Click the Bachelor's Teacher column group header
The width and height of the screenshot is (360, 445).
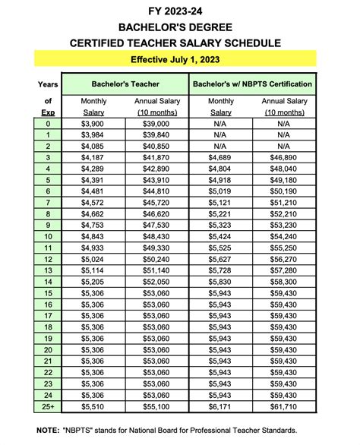(x=125, y=83)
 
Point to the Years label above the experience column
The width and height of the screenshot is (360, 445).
(x=47, y=83)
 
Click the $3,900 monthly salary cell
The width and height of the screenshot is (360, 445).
(x=93, y=124)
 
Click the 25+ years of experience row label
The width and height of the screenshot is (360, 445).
(x=47, y=408)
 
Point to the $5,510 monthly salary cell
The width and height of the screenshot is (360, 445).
(x=93, y=408)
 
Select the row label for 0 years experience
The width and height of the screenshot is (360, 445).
(x=47, y=124)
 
